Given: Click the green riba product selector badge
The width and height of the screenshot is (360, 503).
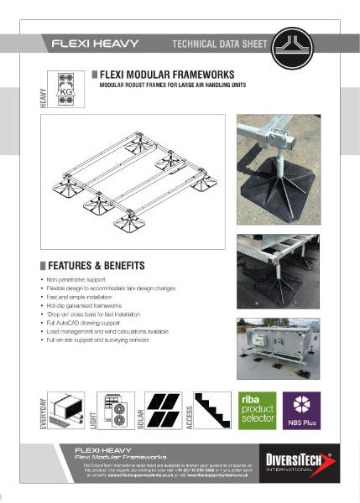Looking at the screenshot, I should [257, 409].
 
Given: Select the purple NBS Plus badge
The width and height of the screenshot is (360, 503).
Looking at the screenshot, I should [300, 409].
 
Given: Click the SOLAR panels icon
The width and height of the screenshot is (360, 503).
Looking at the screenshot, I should [165, 409].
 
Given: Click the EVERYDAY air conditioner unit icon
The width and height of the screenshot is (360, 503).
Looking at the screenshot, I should [71, 411].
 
